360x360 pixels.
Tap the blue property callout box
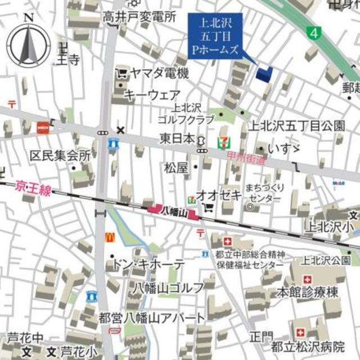click(x=215, y=35)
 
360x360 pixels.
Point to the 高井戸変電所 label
click(x=139, y=17)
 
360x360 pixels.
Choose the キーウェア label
click(x=152, y=94)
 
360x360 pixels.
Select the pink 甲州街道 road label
click(x=246, y=159)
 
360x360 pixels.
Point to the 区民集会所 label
click(x=61, y=155)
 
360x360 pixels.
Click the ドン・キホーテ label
click(x=148, y=264)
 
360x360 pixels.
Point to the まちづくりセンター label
click(x=264, y=193)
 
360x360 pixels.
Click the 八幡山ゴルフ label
click(x=168, y=288)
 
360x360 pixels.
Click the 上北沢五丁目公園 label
click(x=298, y=125)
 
